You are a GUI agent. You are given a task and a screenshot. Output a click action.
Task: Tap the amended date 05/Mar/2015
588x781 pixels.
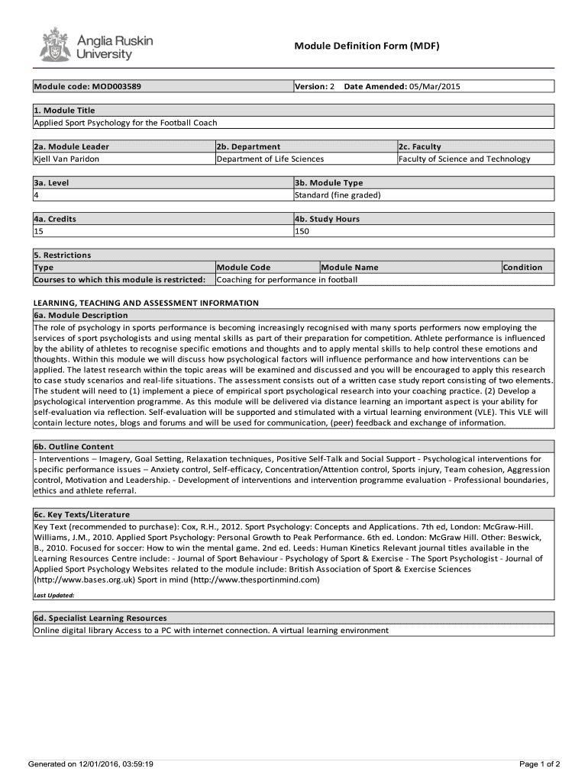pos(435,86)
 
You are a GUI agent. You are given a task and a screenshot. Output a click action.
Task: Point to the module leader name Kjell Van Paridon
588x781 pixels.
pos(66,159)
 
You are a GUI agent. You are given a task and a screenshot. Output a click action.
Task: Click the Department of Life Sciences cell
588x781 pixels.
pos(270,159)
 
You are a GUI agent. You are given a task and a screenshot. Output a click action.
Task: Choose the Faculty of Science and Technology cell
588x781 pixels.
pos(464,159)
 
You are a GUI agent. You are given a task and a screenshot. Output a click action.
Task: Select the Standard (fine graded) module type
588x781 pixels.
pos(338,194)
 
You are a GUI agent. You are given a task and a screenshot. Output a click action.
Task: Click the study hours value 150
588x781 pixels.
pos(302,231)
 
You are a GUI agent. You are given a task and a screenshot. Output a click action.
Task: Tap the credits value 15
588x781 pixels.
pos(39,231)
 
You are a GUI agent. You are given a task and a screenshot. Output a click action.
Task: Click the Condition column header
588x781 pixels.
pos(522,267)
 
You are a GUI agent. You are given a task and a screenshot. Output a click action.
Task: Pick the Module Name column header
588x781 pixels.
pos(350,267)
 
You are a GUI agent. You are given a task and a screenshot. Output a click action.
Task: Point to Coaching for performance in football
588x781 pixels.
pos(287,279)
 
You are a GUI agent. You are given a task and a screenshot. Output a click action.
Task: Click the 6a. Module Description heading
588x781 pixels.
pos(81,315)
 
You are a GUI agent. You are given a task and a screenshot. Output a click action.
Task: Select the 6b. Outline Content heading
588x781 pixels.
pos(73,447)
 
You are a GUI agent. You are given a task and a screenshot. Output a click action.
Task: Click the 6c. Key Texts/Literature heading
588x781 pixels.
pos(82,514)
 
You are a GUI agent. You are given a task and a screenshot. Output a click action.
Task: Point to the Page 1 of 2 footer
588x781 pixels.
pos(539,763)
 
